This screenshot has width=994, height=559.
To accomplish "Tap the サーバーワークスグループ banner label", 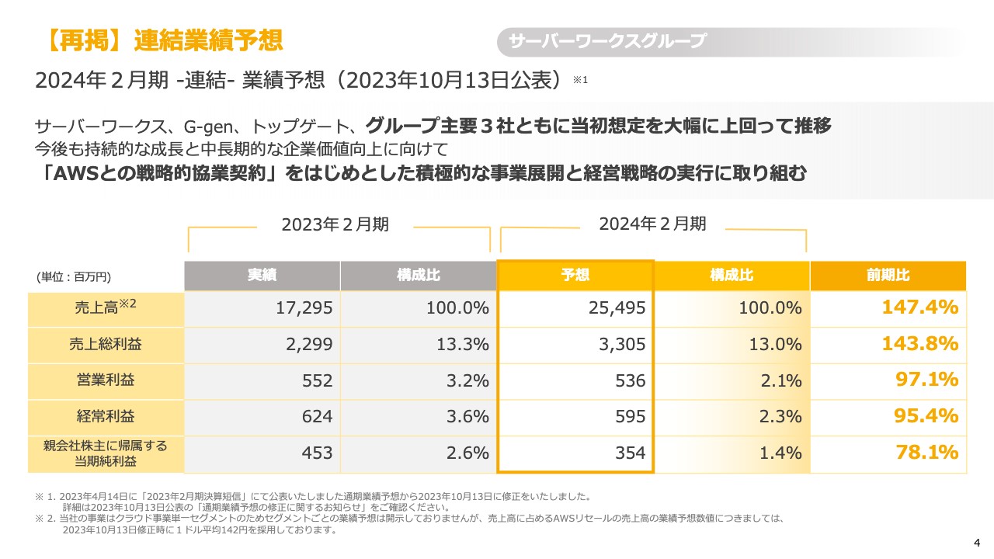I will (x=607, y=42).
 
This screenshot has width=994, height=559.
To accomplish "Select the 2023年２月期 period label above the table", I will (x=335, y=224).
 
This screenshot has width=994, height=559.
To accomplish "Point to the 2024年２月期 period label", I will (x=652, y=224).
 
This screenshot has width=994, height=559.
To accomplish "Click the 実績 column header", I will (x=262, y=276).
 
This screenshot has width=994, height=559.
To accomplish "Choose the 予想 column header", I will (x=575, y=276).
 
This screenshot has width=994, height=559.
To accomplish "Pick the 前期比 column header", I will (x=888, y=276).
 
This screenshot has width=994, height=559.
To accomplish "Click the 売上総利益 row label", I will (x=106, y=344).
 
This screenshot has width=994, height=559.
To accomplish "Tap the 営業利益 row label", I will (x=106, y=380).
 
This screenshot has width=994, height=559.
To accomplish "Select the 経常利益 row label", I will (x=106, y=417).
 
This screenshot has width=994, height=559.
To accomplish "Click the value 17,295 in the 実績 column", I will (x=304, y=308).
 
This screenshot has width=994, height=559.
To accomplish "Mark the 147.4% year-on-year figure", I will (x=919, y=307).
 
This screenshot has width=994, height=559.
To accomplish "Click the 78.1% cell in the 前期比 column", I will (x=926, y=453).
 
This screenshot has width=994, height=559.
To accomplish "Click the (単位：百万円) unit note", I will (x=74, y=276).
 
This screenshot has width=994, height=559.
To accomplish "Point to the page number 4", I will (x=977, y=542).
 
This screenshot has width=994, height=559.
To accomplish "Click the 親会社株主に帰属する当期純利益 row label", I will (x=106, y=453).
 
